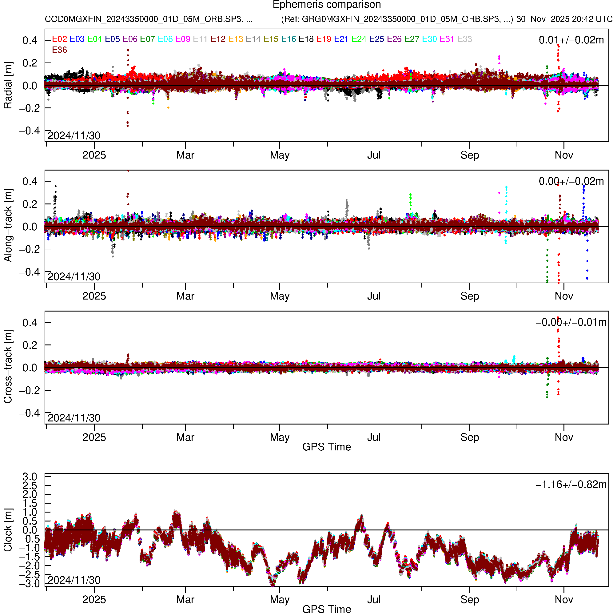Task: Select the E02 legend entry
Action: (60, 39)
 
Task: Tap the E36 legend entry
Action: (60, 50)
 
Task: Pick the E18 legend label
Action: (306, 39)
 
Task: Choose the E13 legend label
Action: (236, 39)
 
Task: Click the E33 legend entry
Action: (464, 39)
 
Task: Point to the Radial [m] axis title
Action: (8, 86)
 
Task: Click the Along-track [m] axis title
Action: (8, 226)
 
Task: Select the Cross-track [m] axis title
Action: (8, 367)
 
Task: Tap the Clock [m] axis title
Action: (8, 530)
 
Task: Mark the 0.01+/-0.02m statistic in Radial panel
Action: (571, 40)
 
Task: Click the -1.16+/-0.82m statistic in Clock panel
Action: (571, 485)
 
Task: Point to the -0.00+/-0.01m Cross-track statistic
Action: (571, 323)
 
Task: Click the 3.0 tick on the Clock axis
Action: (30, 477)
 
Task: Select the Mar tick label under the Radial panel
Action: (185, 155)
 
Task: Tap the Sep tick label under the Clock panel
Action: (470, 600)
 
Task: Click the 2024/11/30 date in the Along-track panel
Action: (74, 277)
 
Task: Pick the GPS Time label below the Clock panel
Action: (327, 609)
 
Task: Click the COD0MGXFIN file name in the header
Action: (149, 19)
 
